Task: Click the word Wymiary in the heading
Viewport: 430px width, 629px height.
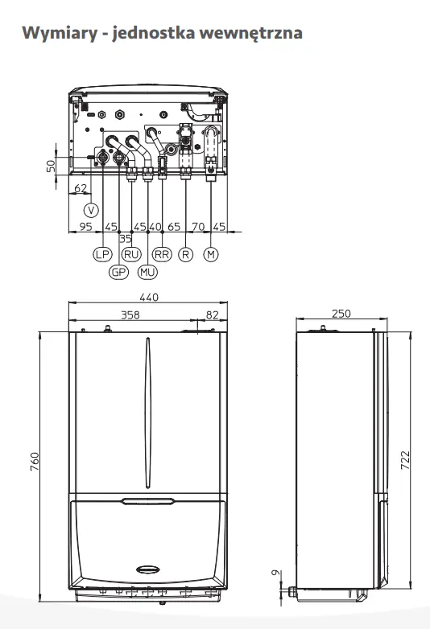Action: tap(60, 33)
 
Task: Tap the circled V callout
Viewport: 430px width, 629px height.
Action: tap(91, 210)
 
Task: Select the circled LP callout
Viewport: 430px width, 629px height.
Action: tap(102, 254)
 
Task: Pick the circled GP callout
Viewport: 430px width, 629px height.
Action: tap(118, 273)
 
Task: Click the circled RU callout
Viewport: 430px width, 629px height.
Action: tap(132, 254)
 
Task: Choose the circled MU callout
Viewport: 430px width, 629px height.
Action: tap(147, 273)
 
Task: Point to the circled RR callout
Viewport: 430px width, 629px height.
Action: tap(162, 254)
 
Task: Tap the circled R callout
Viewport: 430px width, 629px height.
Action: tap(185, 254)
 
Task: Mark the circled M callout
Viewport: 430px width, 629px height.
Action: tap(211, 254)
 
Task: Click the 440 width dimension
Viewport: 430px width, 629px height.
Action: tap(149, 298)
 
